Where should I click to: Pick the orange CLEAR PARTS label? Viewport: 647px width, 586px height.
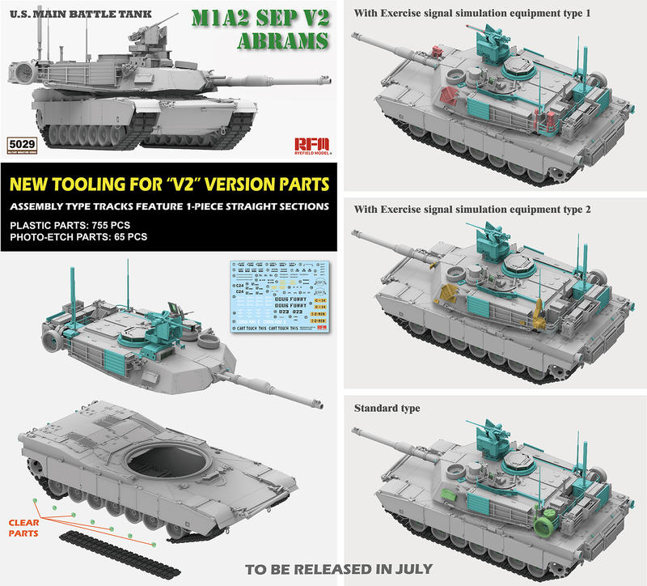pyautogui.click(x=22, y=527)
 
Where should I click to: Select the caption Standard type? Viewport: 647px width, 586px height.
pyautogui.click(x=387, y=408)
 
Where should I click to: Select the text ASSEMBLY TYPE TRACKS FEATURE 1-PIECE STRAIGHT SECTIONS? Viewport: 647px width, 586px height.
pyautogui.click(x=168, y=206)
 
